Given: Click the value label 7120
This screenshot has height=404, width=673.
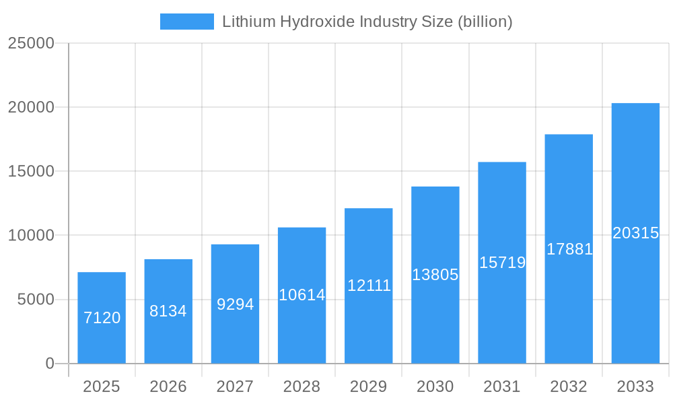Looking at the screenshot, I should point(102,318).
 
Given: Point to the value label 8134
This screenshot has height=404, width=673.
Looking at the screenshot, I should point(168,311).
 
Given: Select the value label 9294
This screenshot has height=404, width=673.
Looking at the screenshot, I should point(235,304).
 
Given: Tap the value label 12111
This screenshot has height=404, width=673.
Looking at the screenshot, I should point(369,285).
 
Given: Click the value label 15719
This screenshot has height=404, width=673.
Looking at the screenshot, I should point(502,263).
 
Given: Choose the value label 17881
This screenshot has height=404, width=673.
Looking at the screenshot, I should point(569,249).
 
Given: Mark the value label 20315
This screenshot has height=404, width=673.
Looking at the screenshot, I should point(635,233).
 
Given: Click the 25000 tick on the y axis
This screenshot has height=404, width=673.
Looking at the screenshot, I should point(31,43).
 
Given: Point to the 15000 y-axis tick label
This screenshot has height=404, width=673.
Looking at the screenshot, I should point(31,172).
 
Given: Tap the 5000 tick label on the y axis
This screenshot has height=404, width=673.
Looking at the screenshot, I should point(36,300).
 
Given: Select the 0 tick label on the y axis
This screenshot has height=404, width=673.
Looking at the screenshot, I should point(50,364).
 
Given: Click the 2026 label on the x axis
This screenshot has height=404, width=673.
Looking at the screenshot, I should point(168,386).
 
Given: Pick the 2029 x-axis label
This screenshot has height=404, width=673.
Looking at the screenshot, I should point(369,386).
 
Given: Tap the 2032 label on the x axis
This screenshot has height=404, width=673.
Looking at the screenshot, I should point(569,386).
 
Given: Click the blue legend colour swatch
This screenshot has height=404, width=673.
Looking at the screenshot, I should point(186,22).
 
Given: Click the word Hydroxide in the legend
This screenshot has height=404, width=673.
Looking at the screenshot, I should point(318,22).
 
